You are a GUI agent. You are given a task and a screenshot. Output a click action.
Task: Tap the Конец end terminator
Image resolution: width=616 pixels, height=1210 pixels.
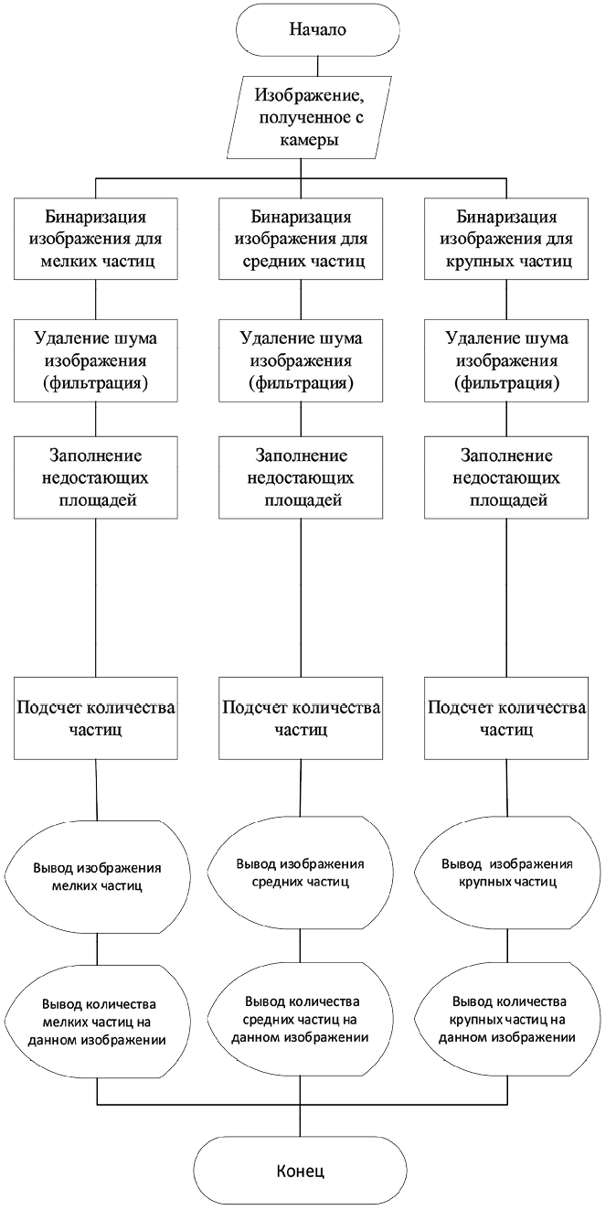(300, 1171)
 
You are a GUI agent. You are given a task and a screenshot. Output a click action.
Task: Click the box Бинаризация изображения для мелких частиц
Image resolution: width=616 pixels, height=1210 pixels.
(96, 239)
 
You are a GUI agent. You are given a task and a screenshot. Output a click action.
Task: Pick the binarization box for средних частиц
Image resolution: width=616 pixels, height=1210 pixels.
(301, 239)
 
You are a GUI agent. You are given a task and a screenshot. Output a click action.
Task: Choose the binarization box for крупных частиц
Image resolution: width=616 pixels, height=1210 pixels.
(506, 239)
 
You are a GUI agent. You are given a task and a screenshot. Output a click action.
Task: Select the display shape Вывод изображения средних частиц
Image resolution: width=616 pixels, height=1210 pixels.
(301, 873)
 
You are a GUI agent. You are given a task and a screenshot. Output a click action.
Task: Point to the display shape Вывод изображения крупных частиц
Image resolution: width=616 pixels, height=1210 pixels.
(506, 873)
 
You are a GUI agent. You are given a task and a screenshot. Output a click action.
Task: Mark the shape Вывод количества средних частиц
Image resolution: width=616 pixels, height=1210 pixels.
(301, 1019)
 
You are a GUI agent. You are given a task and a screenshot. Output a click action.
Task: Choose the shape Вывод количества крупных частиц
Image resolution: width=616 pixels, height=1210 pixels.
(506, 1019)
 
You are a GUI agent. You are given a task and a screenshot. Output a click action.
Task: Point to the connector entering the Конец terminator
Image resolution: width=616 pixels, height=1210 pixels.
(300, 1119)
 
